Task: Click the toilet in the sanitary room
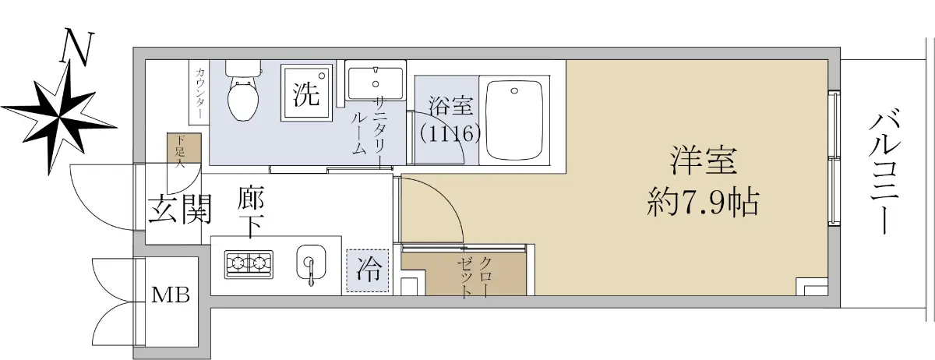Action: coord(243,91)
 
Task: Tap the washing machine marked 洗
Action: coord(307,92)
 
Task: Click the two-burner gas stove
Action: coord(249,264)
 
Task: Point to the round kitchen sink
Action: coord(311,263)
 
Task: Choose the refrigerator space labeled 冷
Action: coord(367,270)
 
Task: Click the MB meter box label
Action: coord(171,295)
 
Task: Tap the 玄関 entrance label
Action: coord(180,209)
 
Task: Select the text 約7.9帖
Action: coord(703,203)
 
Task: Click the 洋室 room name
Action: coord(704,161)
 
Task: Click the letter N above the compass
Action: coord(77,48)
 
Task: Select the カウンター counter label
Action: coord(199,94)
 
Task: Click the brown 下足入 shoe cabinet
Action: coord(184,148)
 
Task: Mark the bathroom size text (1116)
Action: coord(450,134)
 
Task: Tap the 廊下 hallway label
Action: coord(251,213)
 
